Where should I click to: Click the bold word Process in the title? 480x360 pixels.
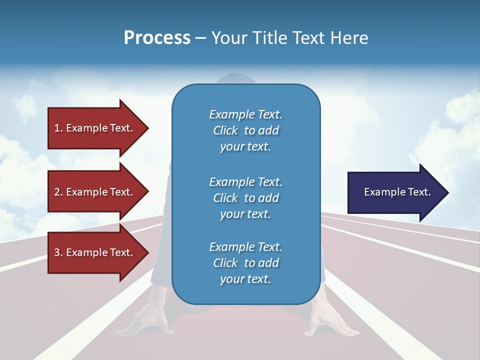coord(157,38)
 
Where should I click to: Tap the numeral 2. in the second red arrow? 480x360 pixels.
coord(58,192)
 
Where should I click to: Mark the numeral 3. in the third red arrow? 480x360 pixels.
coord(58,252)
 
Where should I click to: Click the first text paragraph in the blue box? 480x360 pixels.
coord(245,130)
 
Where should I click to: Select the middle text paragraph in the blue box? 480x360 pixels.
coord(245,198)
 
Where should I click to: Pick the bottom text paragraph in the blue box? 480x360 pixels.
coord(245,263)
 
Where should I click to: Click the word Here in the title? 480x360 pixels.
coord(349,38)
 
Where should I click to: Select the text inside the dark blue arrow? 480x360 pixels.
coord(397,192)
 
